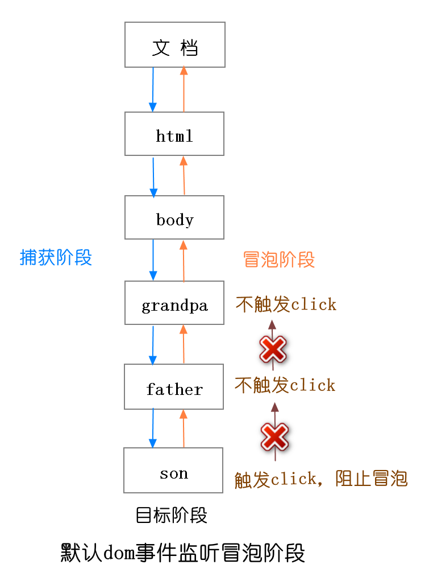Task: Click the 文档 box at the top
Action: click(175, 45)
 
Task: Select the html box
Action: click(174, 134)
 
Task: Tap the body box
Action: click(174, 217)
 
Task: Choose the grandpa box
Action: click(174, 303)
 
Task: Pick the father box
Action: click(174, 387)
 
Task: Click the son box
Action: click(173, 471)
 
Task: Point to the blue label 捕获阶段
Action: click(56, 258)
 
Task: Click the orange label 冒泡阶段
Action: click(278, 259)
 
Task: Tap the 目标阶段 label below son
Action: click(171, 516)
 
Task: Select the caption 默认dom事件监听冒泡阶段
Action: click(183, 553)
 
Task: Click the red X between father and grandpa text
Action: click(273, 349)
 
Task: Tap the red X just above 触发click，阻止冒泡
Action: click(275, 437)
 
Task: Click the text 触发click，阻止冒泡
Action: click(321, 479)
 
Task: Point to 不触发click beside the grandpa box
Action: click(286, 304)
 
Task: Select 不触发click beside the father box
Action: click(285, 385)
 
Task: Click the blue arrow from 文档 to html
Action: click(153, 89)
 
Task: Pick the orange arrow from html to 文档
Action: click(184, 89)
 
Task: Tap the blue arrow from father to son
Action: click(153, 428)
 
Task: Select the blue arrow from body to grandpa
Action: click(153, 260)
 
